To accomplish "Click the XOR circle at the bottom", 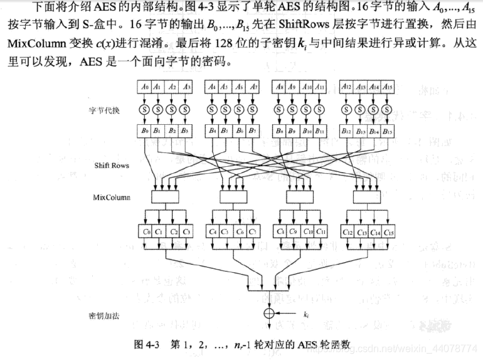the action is (268, 312).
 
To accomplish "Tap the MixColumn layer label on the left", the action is (112, 198).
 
